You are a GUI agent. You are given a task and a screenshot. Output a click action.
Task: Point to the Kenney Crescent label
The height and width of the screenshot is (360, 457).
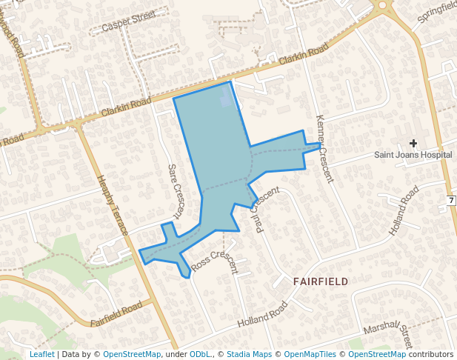pyautogui.click(x=325, y=148)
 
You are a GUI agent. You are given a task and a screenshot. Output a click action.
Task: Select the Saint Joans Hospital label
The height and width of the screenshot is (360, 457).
pyautogui.click(x=413, y=156)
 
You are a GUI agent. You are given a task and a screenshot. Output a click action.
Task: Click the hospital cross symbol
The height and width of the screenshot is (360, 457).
pyautogui.click(x=413, y=143)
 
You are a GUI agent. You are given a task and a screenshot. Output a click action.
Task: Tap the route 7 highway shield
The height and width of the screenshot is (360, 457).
pyautogui.click(x=450, y=201)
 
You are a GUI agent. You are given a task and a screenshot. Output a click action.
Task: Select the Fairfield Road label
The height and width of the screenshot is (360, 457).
pyautogui.click(x=116, y=314)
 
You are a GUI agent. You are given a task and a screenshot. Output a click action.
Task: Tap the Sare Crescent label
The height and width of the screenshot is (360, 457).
pyautogui.click(x=175, y=190)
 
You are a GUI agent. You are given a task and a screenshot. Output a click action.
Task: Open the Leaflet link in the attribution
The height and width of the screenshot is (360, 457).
pyautogui.click(x=41, y=355)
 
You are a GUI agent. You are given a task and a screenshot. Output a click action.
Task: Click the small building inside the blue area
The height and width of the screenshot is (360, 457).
pyautogui.click(x=226, y=97)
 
